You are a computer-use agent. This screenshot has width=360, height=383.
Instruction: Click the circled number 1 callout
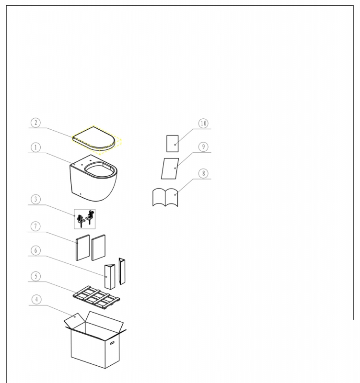[x=35, y=147]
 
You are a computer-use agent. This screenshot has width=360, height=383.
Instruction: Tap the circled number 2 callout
[x=35, y=123]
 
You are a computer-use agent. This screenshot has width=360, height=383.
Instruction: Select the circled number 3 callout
[x=35, y=199]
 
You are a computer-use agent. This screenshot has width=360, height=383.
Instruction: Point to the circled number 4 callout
[x=36, y=300]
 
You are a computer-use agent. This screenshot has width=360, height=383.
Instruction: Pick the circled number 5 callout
[x=35, y=276]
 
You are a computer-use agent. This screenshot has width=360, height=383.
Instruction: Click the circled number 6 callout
[x=35, y=250]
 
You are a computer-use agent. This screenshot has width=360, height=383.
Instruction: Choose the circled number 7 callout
[x=35, y=226]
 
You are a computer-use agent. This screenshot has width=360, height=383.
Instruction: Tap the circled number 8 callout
[x=203, y=173]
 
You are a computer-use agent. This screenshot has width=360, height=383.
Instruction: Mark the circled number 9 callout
[x=203, y=147]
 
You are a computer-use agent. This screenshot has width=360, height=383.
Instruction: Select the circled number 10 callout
[x=203, y=124]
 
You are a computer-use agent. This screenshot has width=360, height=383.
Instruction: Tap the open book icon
[x=165, y=197]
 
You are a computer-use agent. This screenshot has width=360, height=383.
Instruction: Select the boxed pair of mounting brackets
[x=85, y=219]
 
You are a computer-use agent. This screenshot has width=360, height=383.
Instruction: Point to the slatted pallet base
[x=96, y=297]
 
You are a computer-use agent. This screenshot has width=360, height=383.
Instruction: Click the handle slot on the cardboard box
[x=112, y=343]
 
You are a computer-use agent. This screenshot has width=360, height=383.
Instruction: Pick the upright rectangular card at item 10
[x=173, y=144]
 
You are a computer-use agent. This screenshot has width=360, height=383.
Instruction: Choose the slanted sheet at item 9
[x=170, y=169]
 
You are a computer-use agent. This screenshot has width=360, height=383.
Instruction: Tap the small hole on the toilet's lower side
[x=81, y=194]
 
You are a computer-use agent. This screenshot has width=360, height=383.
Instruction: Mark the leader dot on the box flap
[x=75, y=317]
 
